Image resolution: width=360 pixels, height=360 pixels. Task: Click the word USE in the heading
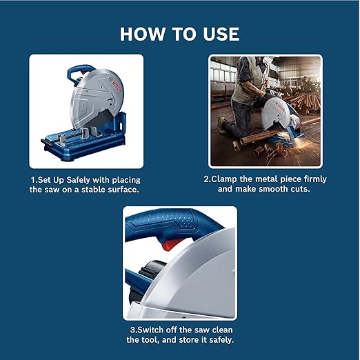pos(217,34)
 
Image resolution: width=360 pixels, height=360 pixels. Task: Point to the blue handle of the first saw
pos(77,71)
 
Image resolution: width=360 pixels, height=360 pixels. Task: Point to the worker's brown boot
pos(221,126)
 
